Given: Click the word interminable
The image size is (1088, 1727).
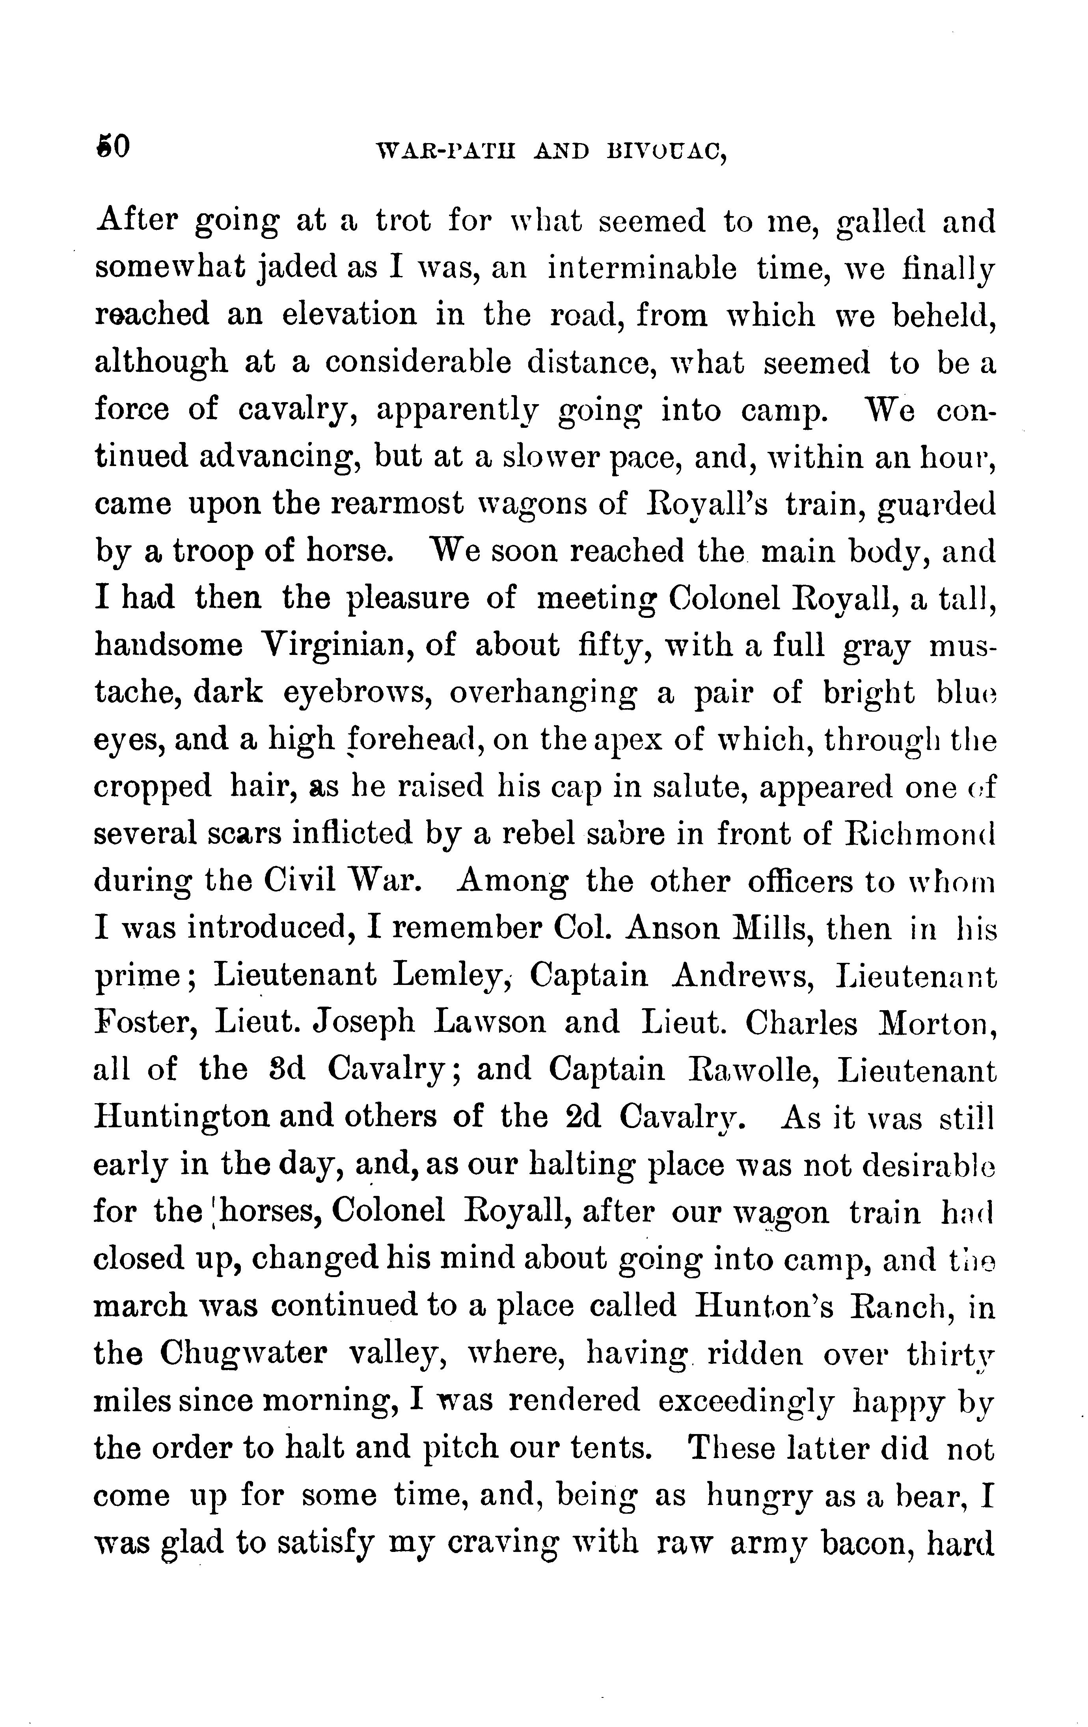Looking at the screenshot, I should (642, 268).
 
